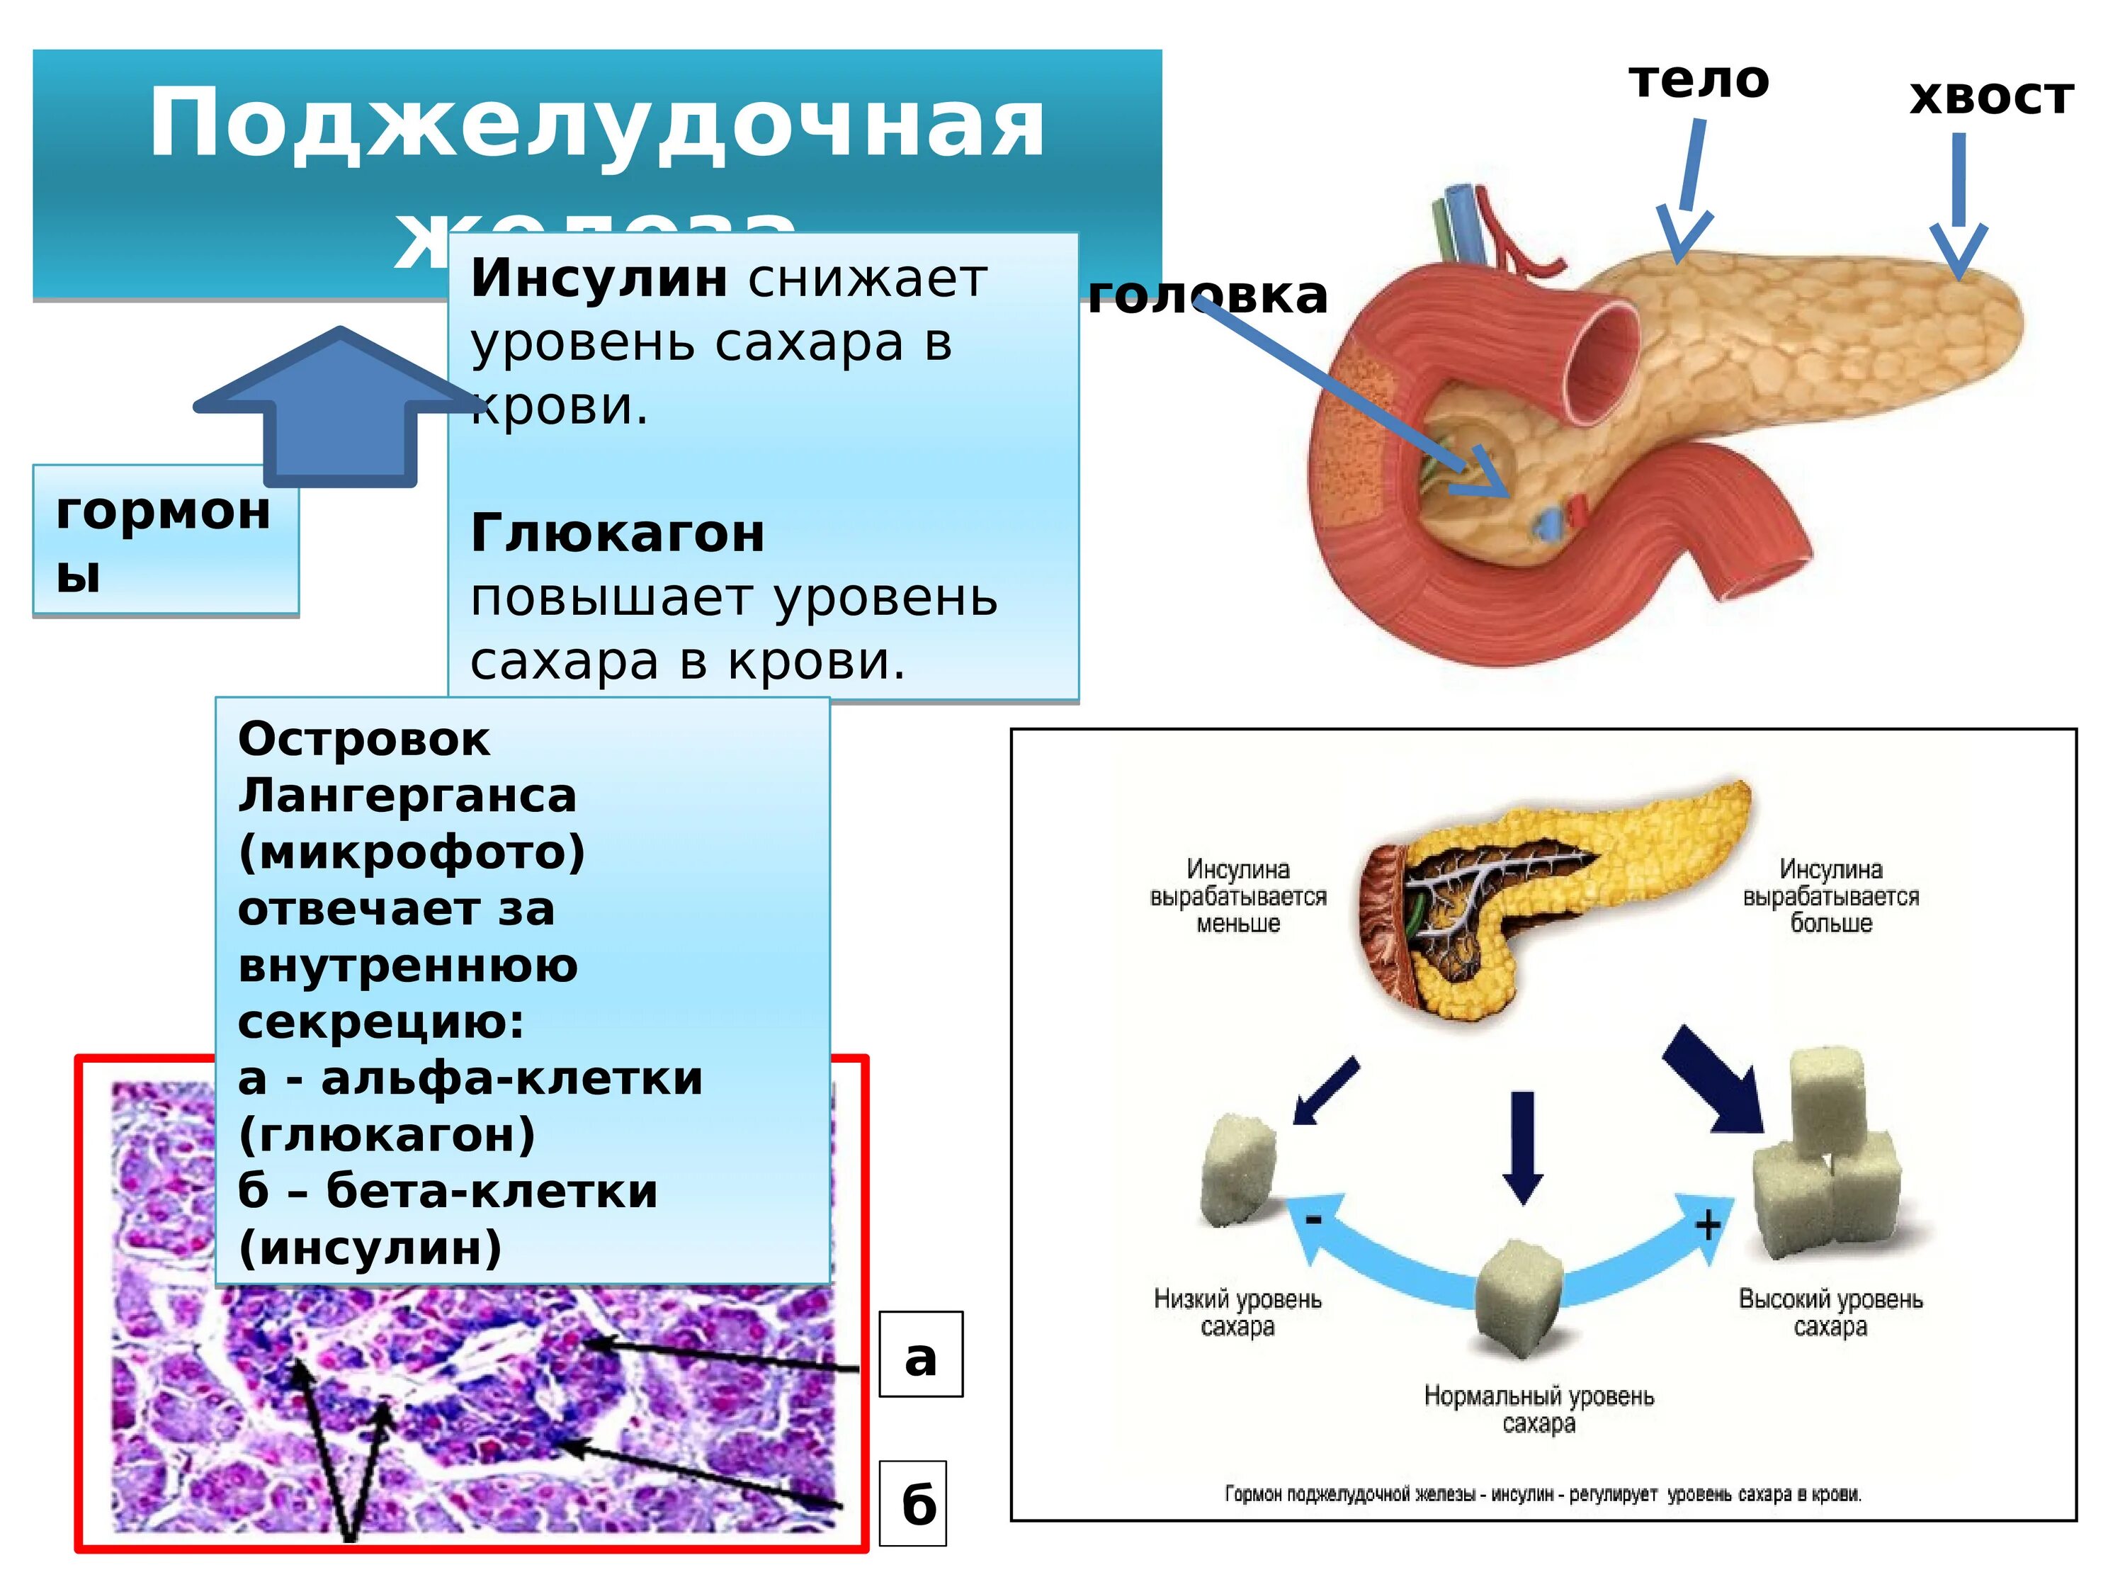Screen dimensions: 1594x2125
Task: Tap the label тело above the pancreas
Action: [x=1699, y=81]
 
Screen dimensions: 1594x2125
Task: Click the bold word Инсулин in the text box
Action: [x=599, y=280]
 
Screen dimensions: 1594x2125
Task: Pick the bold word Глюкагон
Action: [x=618, y=533]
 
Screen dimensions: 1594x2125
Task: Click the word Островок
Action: [x=364, y=740]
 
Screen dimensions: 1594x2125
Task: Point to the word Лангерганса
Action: [x=407, y=796]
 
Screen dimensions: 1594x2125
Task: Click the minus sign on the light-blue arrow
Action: [x=1313, y=1219]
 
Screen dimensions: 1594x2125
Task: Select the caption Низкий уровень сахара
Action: [x=1237, y=1313]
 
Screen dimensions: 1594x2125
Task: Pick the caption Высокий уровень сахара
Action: [x=1830, y=1313]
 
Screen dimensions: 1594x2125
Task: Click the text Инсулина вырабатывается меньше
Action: [x=1237, y=896]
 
